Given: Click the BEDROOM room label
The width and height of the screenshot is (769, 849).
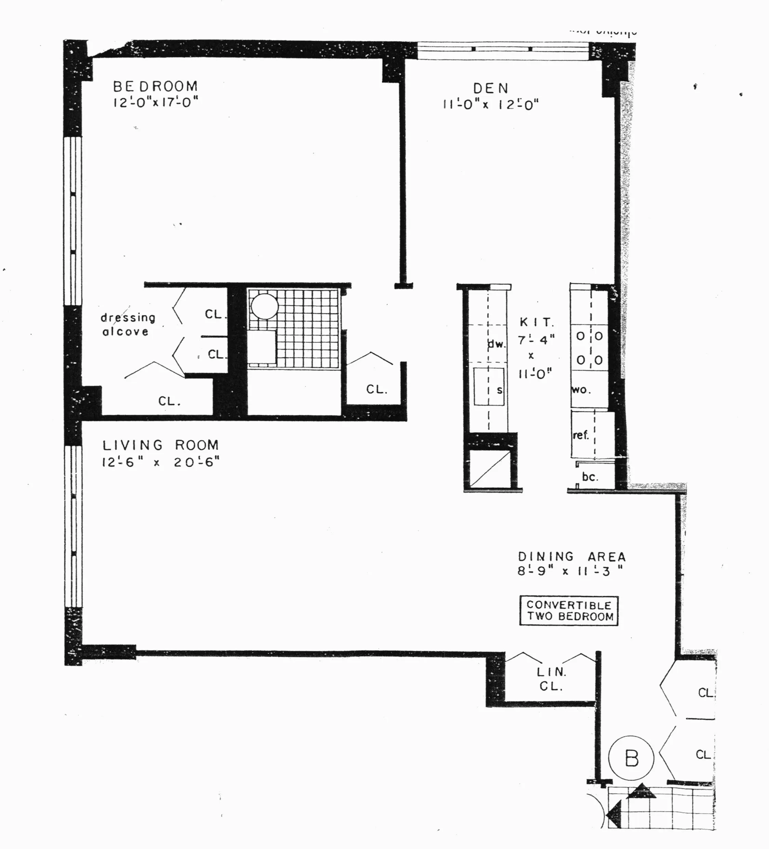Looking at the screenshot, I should point(155,86).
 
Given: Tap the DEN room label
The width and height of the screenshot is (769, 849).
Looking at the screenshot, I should point(491,88).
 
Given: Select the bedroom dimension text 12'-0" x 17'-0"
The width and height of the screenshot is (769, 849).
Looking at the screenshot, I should point(155,102).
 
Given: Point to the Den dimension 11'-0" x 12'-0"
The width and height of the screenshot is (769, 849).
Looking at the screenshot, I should point(491,104).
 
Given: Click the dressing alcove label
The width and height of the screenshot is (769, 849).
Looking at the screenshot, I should point(128,324).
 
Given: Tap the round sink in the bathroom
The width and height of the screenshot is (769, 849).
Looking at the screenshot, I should point(264,306).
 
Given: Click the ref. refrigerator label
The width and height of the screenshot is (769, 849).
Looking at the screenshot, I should point(581,435).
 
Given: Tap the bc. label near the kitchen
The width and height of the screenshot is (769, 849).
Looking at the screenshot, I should point(590,477).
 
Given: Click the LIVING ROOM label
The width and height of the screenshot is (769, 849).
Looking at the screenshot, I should point(160,445).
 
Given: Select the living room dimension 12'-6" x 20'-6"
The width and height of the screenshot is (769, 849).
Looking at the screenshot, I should point(160,462).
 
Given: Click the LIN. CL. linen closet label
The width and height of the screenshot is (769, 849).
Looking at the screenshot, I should point(551,679).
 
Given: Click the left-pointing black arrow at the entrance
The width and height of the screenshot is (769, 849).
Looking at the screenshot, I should point(614,815).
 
